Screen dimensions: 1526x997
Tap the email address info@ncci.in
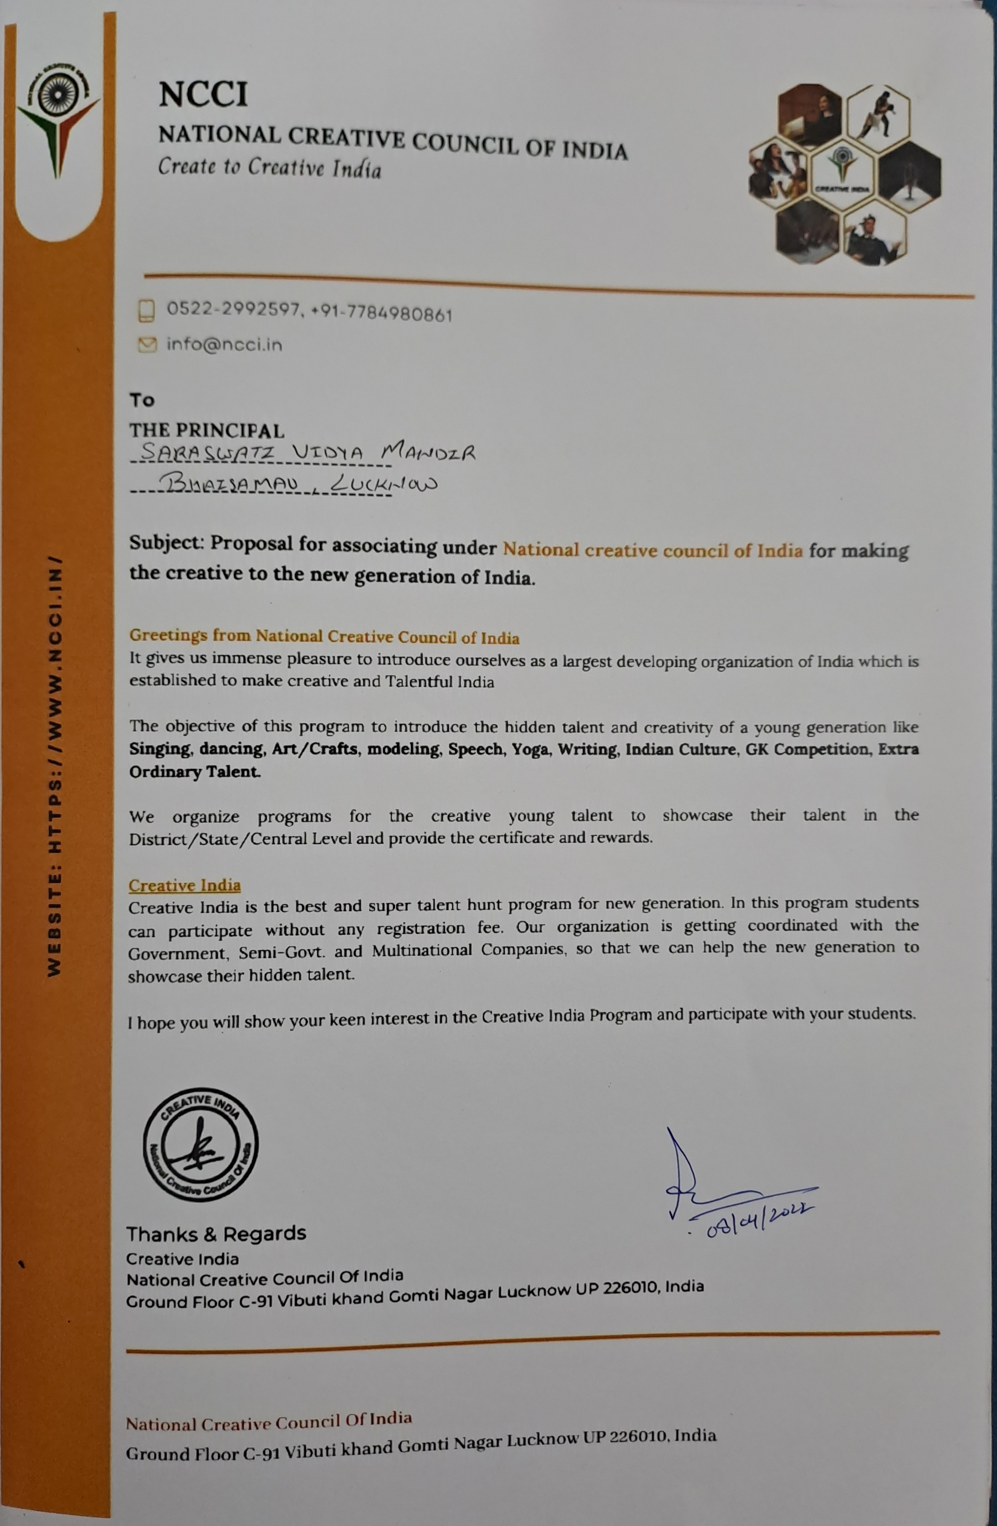(x=224, y=345)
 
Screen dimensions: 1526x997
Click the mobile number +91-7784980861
(x=382, y=314)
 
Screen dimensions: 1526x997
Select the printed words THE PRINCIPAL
(x=207, y=430)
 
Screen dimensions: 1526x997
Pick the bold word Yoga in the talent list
(x=530, y=749)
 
